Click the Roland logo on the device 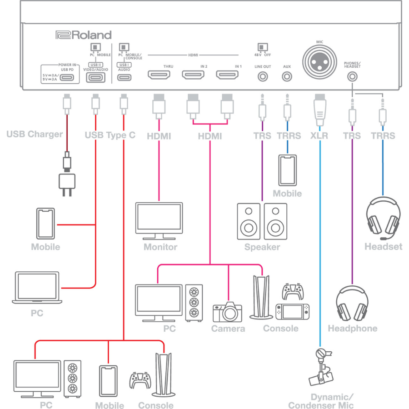(x=83, y=35)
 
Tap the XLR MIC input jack (x=320, y=60)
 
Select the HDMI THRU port (x=159, y=75)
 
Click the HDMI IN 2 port (x=195, y=75)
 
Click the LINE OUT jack (x=262, y=76)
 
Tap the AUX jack (x=287, y=76)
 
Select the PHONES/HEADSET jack (x=352, y=76)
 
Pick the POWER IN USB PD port (x=67, y=76)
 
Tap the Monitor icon (x=159, y=221)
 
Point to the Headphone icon (x=352, y=304)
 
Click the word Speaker (x=262, y=247)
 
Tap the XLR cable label (x=320, y=135)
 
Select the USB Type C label (x=110, y=135)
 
